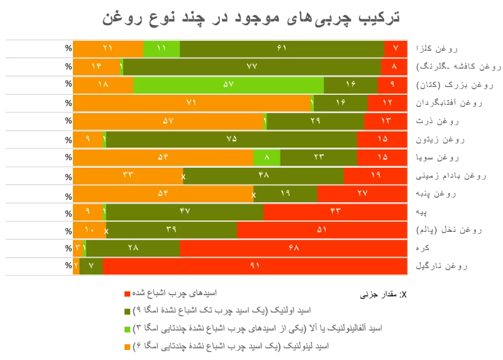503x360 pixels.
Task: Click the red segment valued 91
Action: pos(255,266)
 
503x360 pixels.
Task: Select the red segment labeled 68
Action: pos(293,248)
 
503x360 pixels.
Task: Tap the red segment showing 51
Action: pos(322,230)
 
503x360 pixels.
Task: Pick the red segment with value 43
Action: pos(335,212)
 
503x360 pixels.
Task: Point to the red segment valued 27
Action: pos(362,194)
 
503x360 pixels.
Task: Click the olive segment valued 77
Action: pos(251,67)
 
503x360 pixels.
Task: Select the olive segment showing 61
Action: pos(282,48)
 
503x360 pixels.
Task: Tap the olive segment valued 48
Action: pos(263,175)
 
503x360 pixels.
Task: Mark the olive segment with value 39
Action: pos(171,230)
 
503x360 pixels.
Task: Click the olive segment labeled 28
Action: pos(133,248)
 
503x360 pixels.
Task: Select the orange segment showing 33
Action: pos(127,175)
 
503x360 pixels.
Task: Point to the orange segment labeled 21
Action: pos(108,48)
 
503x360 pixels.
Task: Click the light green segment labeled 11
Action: pos(161,48)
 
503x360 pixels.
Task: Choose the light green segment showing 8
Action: pos(267,157)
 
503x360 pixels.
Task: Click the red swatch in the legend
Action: pos(127,293)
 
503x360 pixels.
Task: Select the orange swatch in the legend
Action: pos(127,346)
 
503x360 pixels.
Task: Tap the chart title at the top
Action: pos(251,17)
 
